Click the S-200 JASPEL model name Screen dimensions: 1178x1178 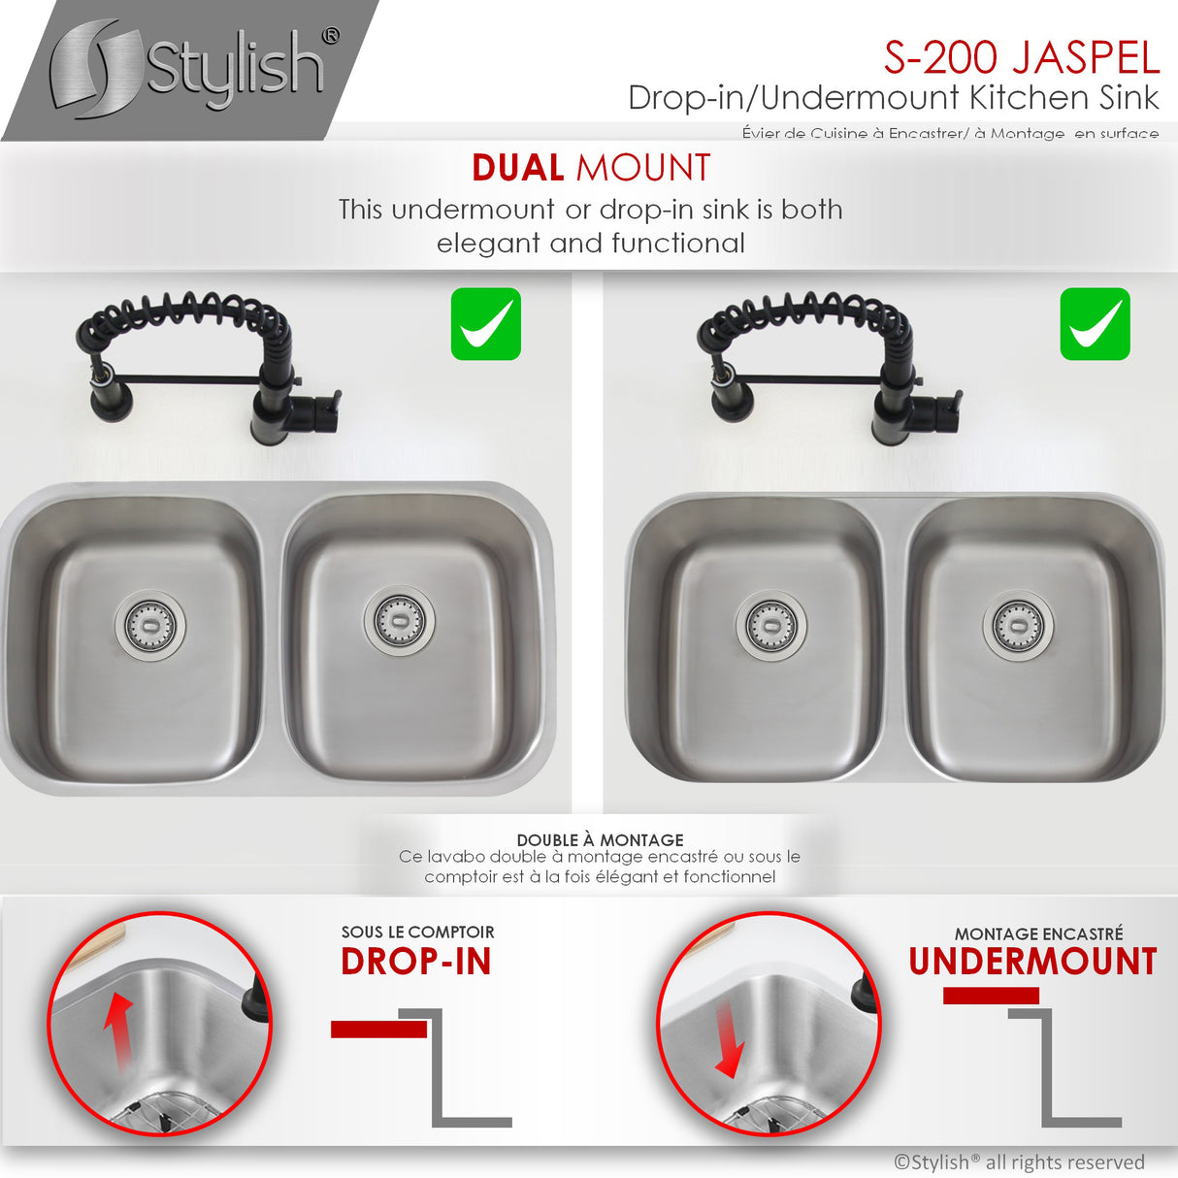coord(1021,57)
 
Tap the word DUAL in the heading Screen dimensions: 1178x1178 coord(517,168)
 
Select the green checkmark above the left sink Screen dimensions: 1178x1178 coord(486,324)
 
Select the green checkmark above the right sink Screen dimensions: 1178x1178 coord(1095,324)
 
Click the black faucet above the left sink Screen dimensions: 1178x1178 coord(209,364)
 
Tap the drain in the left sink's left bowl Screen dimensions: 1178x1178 coord(150,624)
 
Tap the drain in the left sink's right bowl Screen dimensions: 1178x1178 coord(399,619)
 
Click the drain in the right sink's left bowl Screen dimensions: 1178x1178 coord(770,626)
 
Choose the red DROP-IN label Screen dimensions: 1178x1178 coord(416,962)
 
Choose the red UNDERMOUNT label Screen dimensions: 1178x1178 coord(1032,962)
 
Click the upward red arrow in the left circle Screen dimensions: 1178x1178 coord(118,1029)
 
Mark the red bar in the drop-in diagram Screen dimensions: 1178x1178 coord(378,1030)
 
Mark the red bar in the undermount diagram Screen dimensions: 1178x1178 coord(991,996)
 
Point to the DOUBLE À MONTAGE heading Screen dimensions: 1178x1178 coord(600,839)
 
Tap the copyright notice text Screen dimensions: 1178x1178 coord(1019,1162)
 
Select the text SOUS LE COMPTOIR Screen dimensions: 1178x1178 coord(417,932)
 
